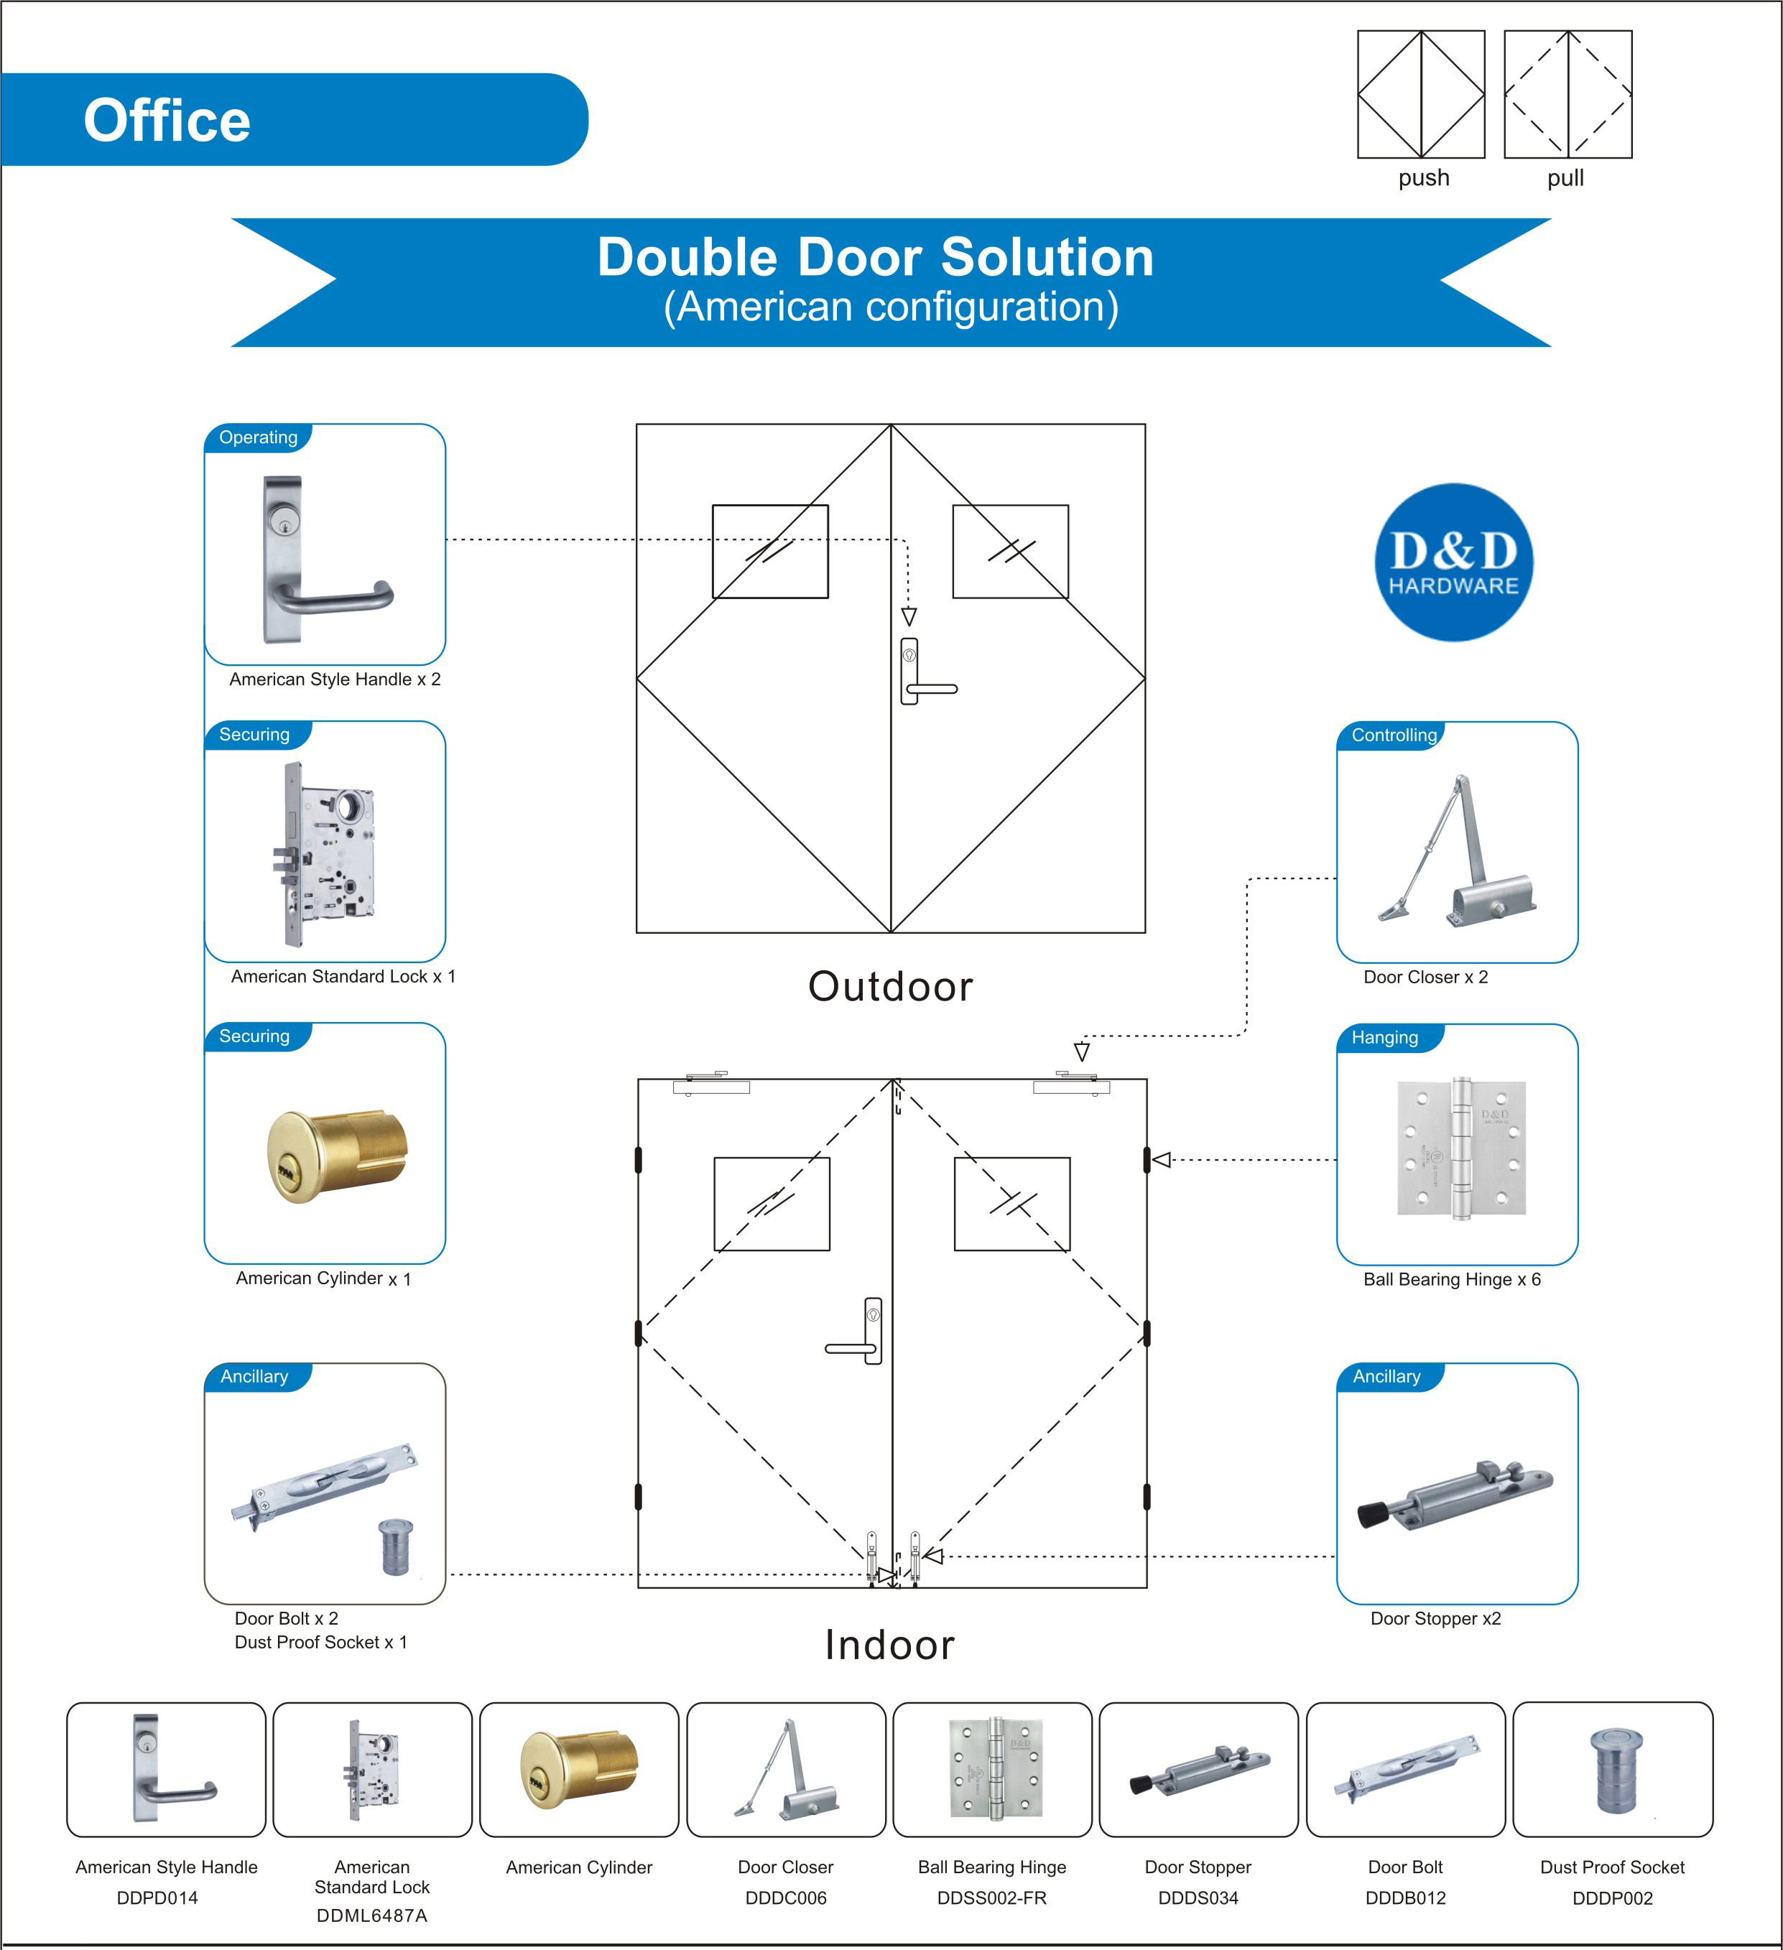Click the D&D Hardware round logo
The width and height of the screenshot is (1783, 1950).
(1453, 562)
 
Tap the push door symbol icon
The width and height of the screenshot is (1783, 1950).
(1420, 94)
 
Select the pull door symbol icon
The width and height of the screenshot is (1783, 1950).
(1567, 94)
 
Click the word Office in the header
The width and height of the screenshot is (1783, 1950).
(167, 121)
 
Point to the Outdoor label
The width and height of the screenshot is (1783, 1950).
(890, 987)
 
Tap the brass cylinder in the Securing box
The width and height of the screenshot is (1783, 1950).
(337, 1155)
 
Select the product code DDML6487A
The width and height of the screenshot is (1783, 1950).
(371, 1916)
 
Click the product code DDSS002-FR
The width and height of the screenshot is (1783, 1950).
(991, 1898)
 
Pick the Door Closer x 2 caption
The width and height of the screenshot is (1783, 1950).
(1425, 977)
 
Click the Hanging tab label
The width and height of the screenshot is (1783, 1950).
(1384, 1038)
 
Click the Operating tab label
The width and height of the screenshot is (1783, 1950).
(259, 437)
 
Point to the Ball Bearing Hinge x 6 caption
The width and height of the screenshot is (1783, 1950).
(1451, 1280)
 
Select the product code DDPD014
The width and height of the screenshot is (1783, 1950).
(157, 1898)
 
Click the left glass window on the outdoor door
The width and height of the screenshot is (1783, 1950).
(770, 552)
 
